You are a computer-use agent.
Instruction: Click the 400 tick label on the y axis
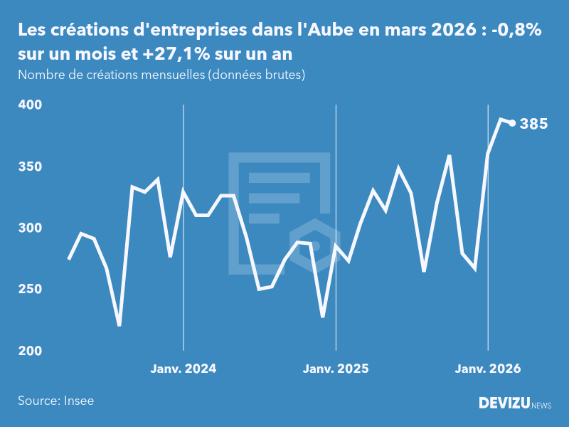pyautogui.click(x=31, y=105)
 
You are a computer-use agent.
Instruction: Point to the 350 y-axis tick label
pyautogui.click(x=31, y=167)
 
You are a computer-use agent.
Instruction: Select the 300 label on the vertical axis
pyautogui.click(x=31, y=228)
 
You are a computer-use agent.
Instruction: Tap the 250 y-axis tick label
pyautogui.click(x=31, y=290)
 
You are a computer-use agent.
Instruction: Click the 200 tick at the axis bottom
pyautogui.click(x=31, y=351)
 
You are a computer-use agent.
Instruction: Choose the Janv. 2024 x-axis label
pyautogui.click(x=184, y=369)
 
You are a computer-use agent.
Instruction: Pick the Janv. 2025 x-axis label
pyautogui.click(x=336, y=369)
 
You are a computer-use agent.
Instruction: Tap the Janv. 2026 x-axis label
pyautogui.click(x=488, y=369)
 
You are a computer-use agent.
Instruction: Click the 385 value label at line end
pyautogui.click(x=533, y=124)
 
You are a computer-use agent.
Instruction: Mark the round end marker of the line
pyautogui.click(x=512, y=123)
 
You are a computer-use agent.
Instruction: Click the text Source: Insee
pyautogui.click(x=56, y=401)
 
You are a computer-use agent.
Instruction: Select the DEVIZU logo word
pyautogui.click(x=504, y=404)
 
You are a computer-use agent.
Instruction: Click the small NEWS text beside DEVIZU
pyautogui.click(x=541, y=406)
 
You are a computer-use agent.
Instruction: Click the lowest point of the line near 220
pyautogui.click(x=119, y=325)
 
